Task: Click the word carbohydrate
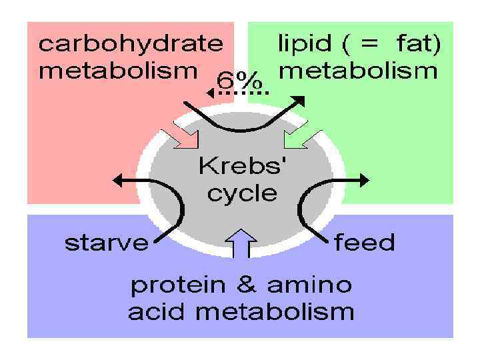(131, 45)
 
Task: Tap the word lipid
(299, 45)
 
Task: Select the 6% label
(239, 80)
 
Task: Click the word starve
(107, 243)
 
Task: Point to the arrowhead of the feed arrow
(363, 180)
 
